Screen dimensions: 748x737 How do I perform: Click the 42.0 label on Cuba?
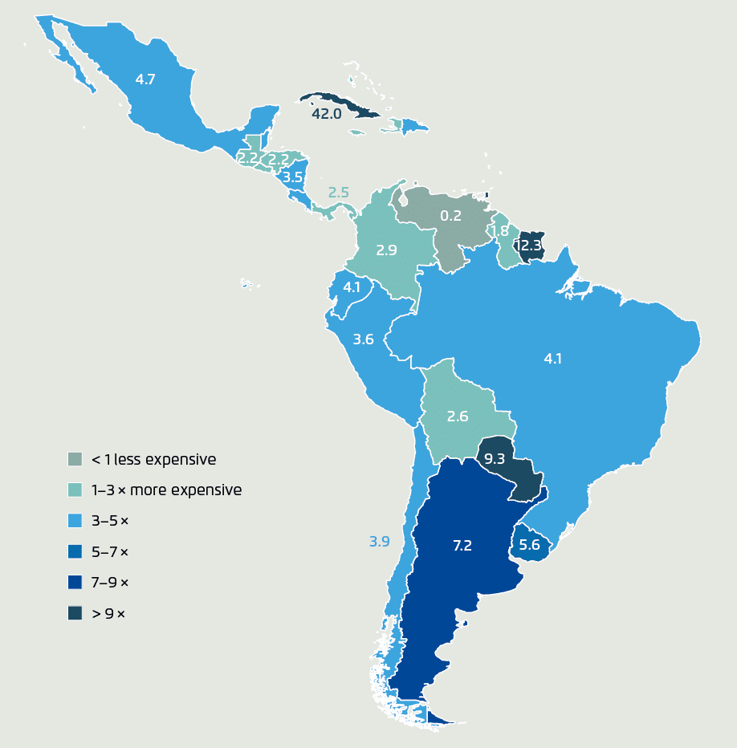click(x=327, y=114)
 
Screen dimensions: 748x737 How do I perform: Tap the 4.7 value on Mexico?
click(x=145, y=79)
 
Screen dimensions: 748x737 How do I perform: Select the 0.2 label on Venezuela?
click(x=451, y=215)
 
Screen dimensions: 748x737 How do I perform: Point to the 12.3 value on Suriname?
click(x=529, y=245)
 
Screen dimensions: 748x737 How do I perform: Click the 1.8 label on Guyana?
click(x=499, y=231)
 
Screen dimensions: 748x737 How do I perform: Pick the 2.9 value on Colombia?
click(x=387, y=250)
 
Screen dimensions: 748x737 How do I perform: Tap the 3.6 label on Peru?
click(x=364, y=339)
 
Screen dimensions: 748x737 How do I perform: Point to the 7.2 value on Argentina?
click(x=462, y=545)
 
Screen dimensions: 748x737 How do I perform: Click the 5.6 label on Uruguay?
click(x=529, y=545)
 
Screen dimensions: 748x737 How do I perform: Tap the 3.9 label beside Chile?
click(x=379, y=542)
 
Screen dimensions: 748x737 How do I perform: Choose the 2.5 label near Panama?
click(x=339, y=193)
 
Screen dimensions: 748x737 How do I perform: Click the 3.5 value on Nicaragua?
click(x=293, y=177)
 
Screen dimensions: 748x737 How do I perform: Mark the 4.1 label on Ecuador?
click(x=352, y=287)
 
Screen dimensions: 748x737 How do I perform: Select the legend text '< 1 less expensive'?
click(x=153, y=459)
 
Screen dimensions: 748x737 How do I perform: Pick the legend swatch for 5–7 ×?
click(x=75, y=551)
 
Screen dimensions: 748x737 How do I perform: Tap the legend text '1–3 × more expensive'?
click(x=166, y=490)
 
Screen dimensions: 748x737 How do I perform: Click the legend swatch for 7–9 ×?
click(x=75, y=582)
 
